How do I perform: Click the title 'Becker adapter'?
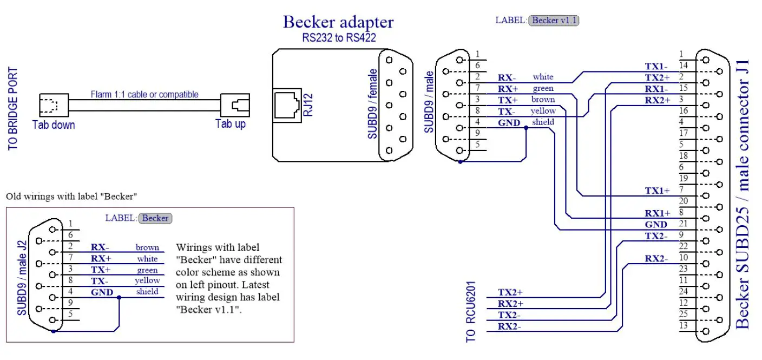pyautogui.click(x=338, y=22)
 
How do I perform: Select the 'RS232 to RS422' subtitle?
pyautogui.click(x=338, y=38)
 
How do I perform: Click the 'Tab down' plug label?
pyautogui.click(x=54, y=125)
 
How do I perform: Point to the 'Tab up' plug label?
pyautogui.click(x=231, y=124)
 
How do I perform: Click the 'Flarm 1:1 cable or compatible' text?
pyautogui.click(x=144, y=94)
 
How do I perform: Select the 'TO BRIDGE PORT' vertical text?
pyautogui.click(x=13, y=108)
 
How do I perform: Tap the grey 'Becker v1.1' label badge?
pyautogui.click(x=555, y=20)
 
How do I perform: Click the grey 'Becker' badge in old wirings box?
pyautogui.click(x=155, y=218)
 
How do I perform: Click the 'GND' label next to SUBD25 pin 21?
pyautogui.click(x=656, y=224)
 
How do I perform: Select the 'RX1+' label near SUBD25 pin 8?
pyautogui.click(x=657, y=213)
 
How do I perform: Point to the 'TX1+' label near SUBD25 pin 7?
pyautogui.click(x=657, y=191)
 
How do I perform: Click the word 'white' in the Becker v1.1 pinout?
pyautogui.click(x=543, y=77)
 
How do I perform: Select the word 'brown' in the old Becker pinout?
pyautogui.click(x=147, y=247)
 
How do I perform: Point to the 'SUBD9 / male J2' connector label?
pyautogui.click(x=22, y=278)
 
